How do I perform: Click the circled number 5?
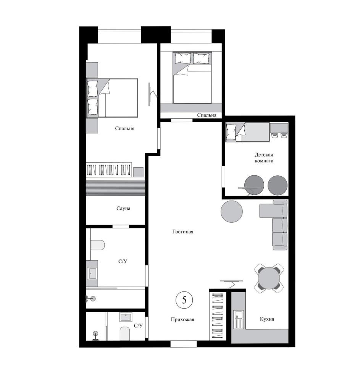pos(184,300)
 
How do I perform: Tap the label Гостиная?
pos(182,232)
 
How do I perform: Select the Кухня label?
pos(267,319)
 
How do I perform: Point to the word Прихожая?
pos(182,319)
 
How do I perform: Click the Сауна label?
pos(123,208)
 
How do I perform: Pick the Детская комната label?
pos(264,158)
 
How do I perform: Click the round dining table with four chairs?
pos(269,278)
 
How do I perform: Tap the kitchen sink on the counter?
pos(239,319)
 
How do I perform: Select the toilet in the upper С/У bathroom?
pos(98,245)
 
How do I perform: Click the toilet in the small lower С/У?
pos(125,333)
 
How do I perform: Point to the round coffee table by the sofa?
pos(231,212)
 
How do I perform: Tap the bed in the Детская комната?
pos(247,132)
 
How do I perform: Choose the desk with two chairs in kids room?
pos(279,130)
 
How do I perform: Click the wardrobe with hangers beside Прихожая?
pos(218,315)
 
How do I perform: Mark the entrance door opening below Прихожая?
pos(183,344)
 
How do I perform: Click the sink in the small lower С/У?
pos(126,317)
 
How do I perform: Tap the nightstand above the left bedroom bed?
pos(92,70)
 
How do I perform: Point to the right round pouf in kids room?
pos(278,185)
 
